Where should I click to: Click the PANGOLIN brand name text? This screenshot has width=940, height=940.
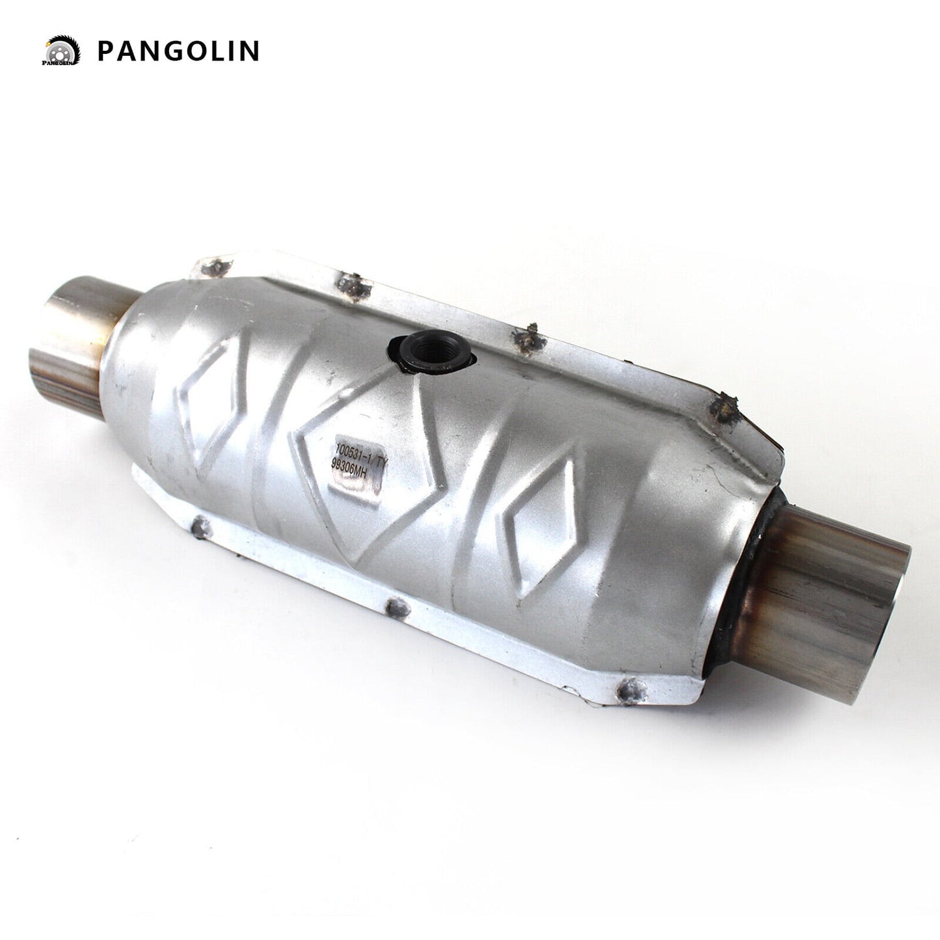click(x=178, y=51)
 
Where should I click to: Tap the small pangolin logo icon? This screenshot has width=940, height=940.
click(x=62, y=51)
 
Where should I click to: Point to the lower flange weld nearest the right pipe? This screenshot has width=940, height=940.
click(x=629, y=686)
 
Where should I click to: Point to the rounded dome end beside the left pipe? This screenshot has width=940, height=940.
click(x=133, y=364)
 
